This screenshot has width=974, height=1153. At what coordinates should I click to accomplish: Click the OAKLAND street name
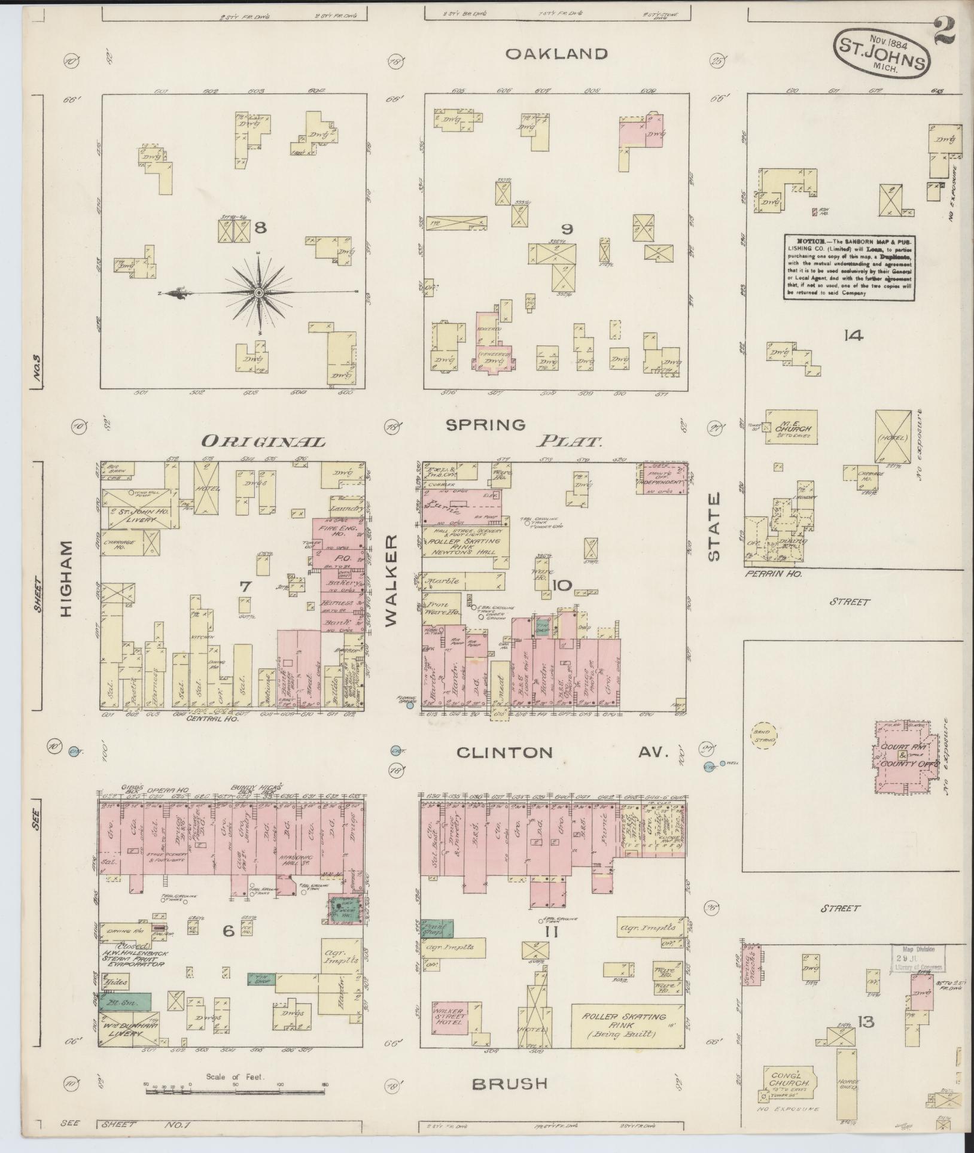click(x=556, y=54)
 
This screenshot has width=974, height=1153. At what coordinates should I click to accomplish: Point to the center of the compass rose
click(x=258, y=293)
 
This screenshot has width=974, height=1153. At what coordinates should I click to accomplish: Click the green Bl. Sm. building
click(x=125, y=1002)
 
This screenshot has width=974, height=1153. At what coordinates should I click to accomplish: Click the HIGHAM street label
click(x=67, y=579)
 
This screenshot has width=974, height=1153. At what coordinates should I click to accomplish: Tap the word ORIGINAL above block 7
click(x=263, y=442)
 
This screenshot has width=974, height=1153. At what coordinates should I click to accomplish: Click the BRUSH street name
click(x=509, y=1084)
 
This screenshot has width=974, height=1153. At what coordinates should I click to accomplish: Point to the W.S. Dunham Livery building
click(x=129, y=1029)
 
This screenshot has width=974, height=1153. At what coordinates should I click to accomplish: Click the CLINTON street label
click(x=504, y=752)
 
